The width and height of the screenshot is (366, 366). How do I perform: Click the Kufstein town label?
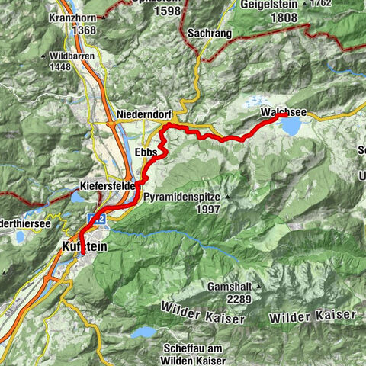click(x=82, y=247)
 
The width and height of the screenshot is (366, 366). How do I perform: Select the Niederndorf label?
click(x=145, y=114)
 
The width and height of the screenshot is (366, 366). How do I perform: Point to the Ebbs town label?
click(x=145, y=152)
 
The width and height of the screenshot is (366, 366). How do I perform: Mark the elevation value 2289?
click(x=229, y=299)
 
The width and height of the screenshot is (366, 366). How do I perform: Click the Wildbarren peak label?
click(x=92, y=56)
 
